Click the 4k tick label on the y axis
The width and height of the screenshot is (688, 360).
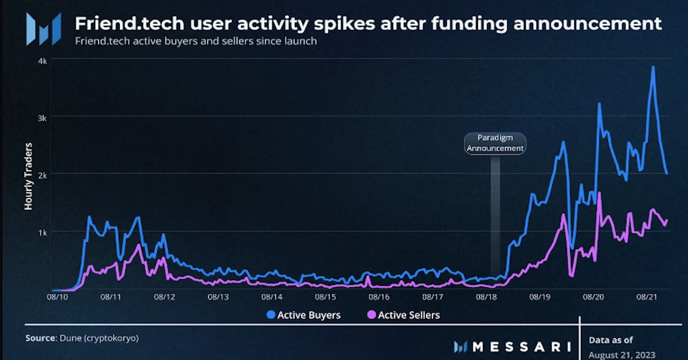tap(43, 60)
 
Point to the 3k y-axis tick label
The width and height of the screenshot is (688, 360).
tap(43, 117)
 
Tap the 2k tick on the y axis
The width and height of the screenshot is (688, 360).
tap(43, 174)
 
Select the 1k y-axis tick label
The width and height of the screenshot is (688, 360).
tap(43, 231)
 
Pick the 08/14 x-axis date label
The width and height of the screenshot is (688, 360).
tap(272, 298)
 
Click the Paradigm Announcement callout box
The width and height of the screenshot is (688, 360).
tap(495, 143)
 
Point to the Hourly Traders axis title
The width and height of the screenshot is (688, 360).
tap(28, 177)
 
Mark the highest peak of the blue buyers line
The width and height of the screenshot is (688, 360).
tap(653, 67)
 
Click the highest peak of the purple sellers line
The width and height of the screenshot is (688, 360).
tap(599, 193)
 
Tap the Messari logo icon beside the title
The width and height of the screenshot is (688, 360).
tap(44, 29)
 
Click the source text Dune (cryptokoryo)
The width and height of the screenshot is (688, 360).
tap(99, 338)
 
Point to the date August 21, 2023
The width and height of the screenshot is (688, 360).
tap(621, 354)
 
